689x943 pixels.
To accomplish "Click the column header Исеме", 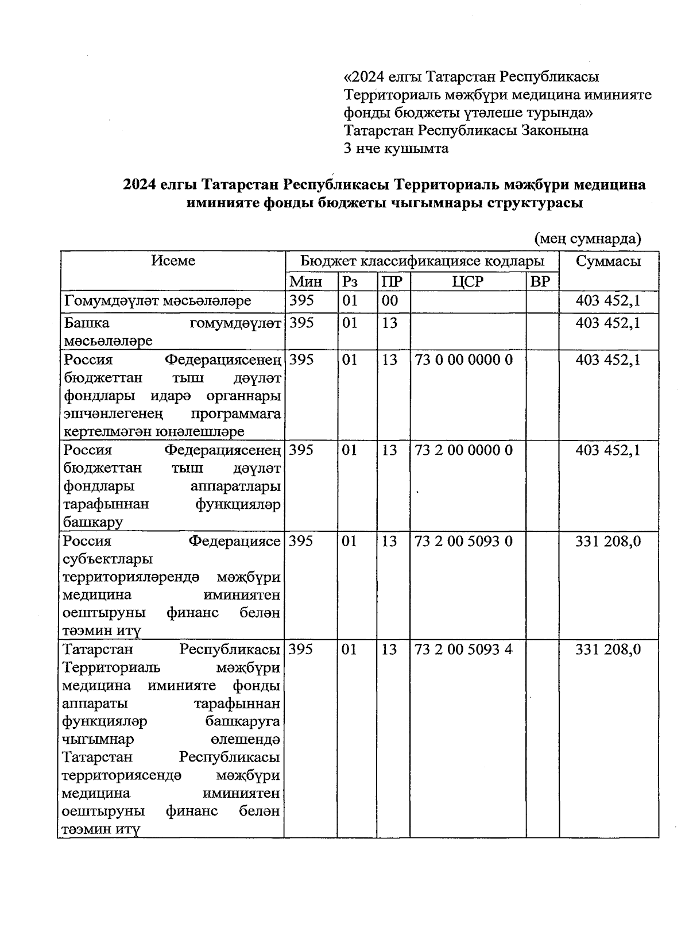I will pyautogui.click(x=173, y=261).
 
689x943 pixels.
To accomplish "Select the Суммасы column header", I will pyautogui.click(x=609, y=261).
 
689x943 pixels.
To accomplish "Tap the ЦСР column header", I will pyautogui.click(x=468, y=281).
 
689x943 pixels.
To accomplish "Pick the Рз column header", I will pyautogui.click(x=350, y=281).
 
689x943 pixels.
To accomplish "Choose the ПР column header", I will pyautogui.click(x=392, y=281).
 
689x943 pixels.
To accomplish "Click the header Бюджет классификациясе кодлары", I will pyautogui.click(x=423, y=261).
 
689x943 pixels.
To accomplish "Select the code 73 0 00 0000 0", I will pyautogui.click(x=463, y=360).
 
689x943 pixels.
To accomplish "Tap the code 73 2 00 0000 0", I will pyautogui.click(x=463, y=450).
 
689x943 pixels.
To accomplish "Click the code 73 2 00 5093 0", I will pyautogui.click(x=463, y=541).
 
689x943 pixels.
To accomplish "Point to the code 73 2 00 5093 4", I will pyautogui.click(x=463, y=650).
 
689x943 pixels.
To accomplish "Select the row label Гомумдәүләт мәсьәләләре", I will pyautogui.click(x=157, y=300).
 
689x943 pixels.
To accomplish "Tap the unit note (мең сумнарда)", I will pyautogui.click(x=587, y=238).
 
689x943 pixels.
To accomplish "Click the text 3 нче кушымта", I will pyautogui.click(x=396, y=149).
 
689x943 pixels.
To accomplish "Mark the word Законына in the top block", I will pyautogui.click(x=555, y=130).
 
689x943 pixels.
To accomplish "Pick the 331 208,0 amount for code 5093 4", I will pyautogui.click(x=608, y=650).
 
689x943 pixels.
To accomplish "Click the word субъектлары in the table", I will pyautogui.click(x=108, y=559).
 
